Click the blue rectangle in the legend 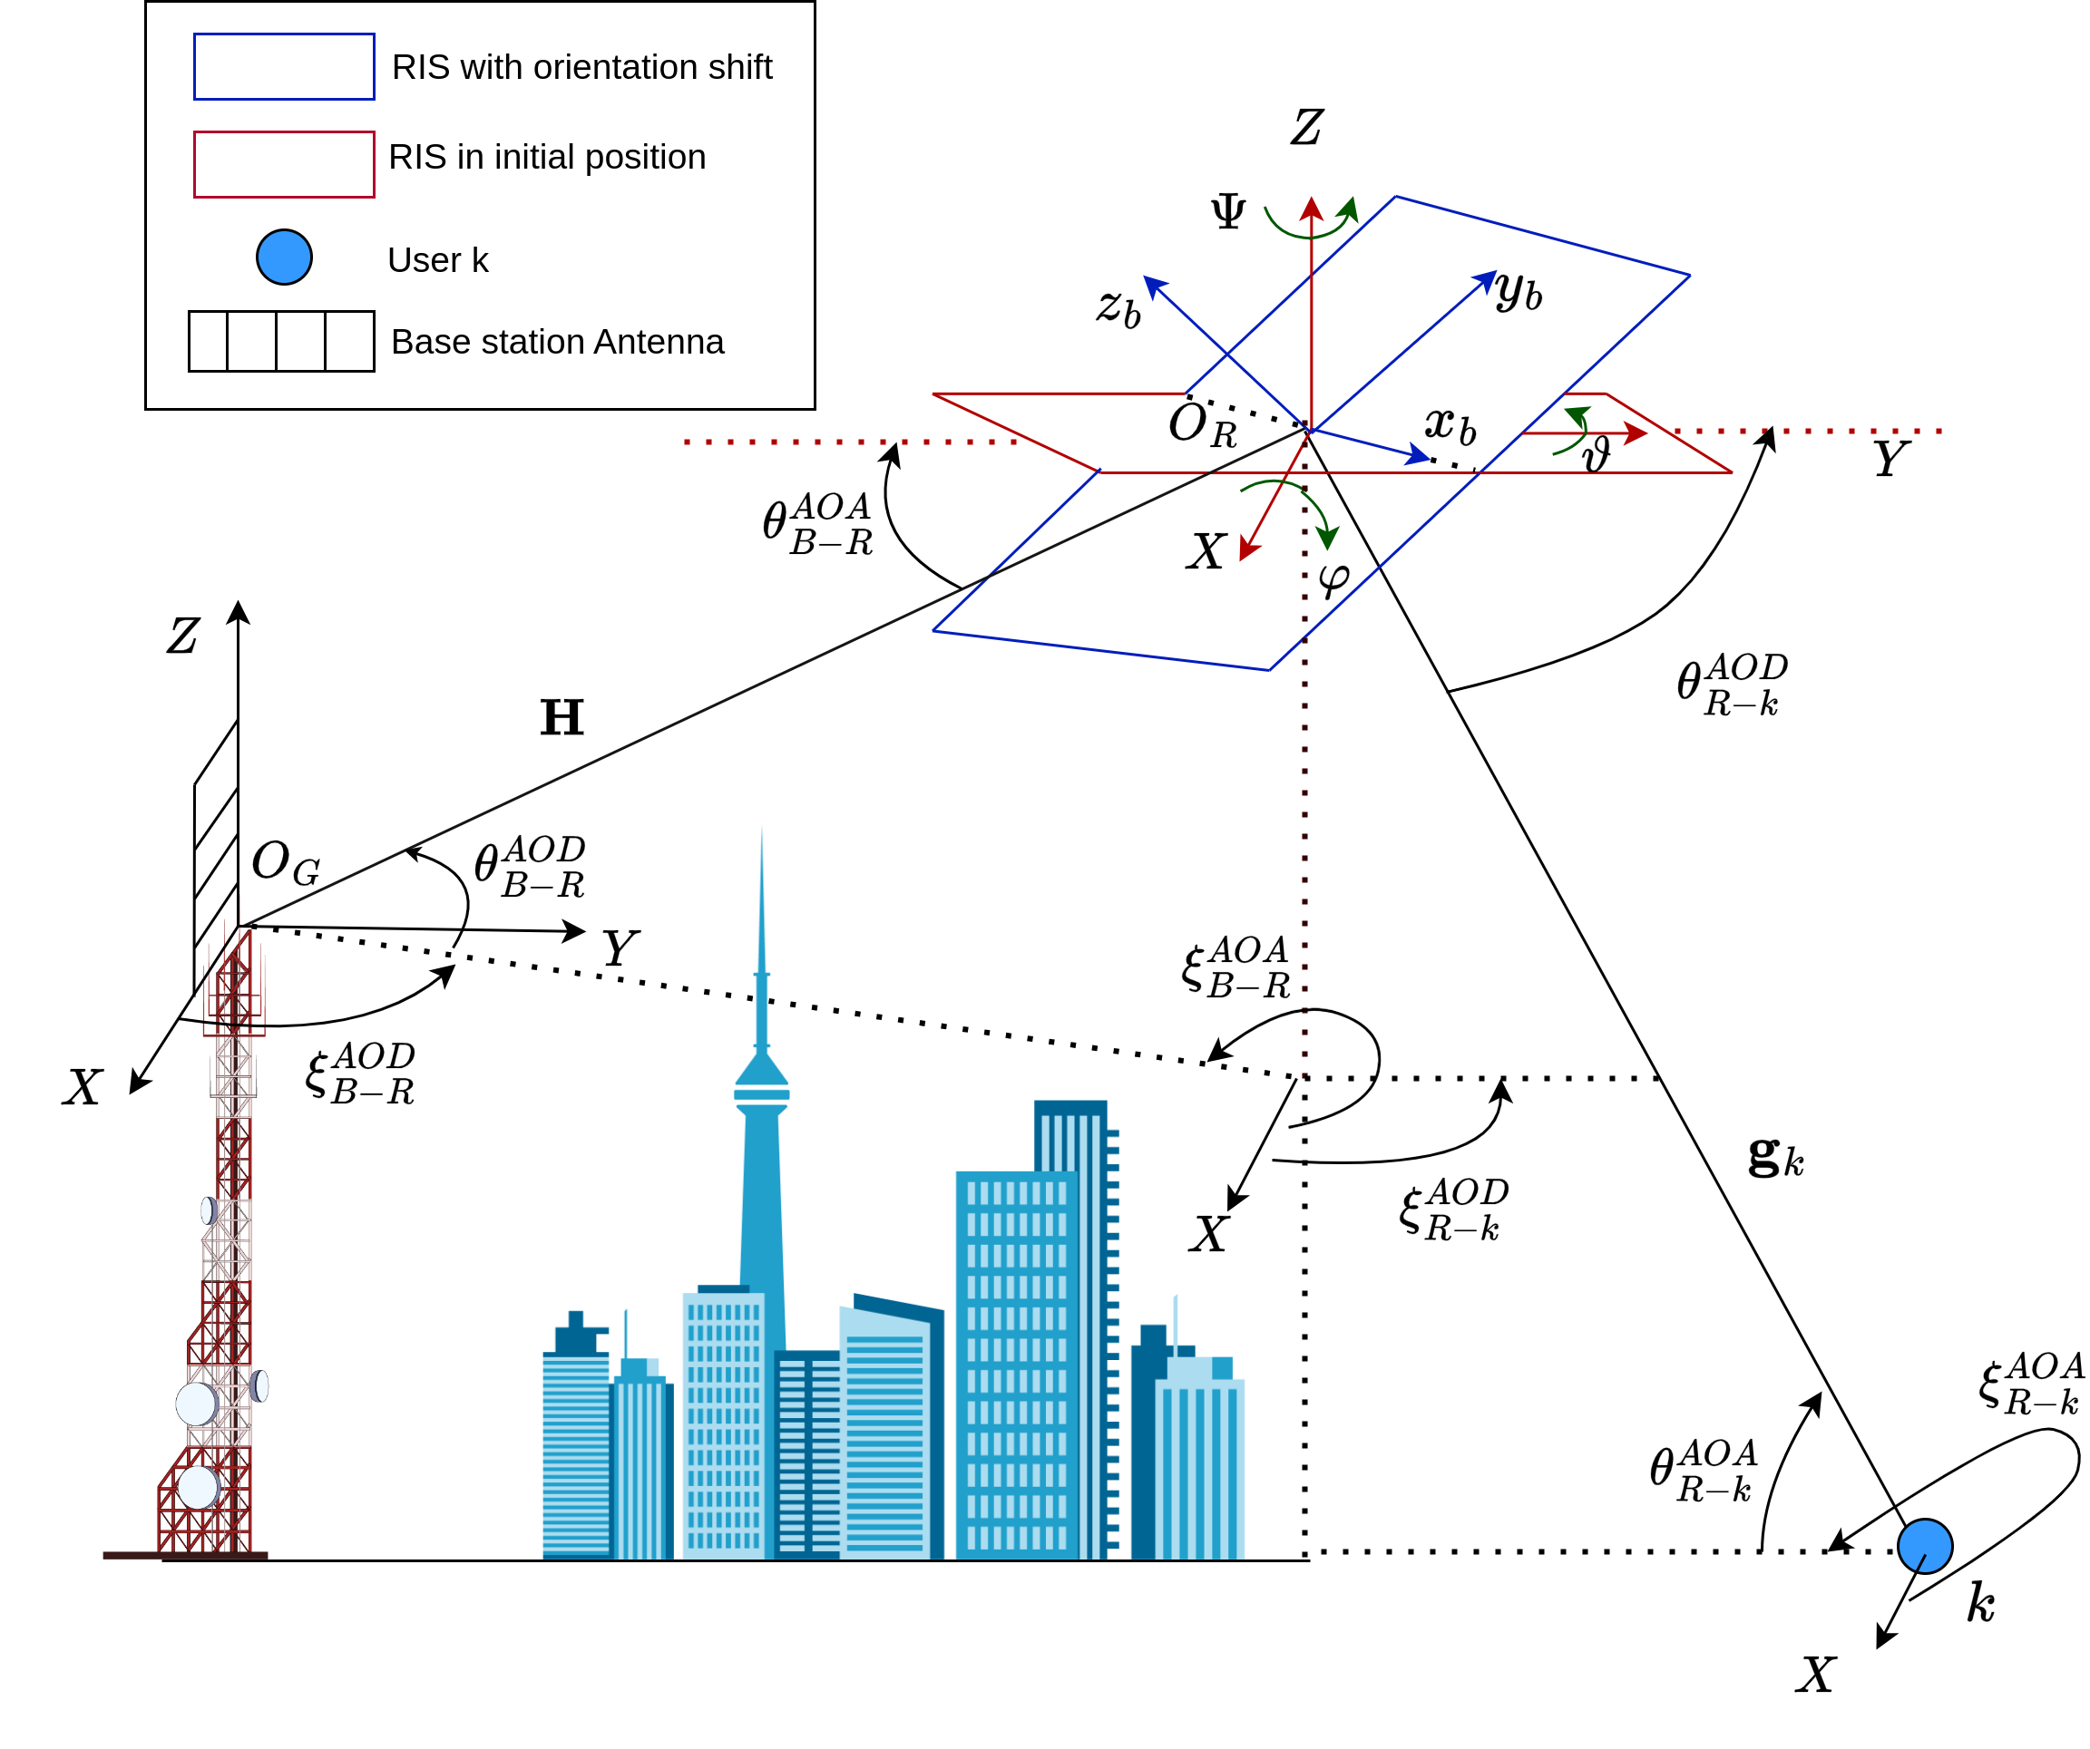point(284,67)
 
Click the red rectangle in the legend point(284,164)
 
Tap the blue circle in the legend point(284,257)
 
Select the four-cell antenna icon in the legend point(281,341)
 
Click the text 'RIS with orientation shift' point(581,67)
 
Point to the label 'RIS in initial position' point(546,157)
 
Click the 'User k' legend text point(438,259)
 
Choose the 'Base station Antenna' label point(557,342)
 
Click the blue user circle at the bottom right point(1925,1546)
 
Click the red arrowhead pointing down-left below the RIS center point(1247,550)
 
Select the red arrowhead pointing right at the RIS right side point(1636,432)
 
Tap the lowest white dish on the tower point(197,1487)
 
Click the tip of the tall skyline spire point(762,831)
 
